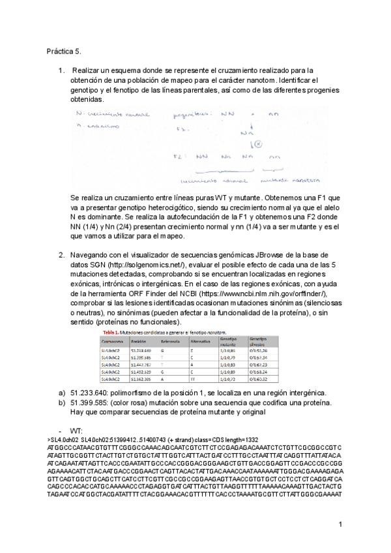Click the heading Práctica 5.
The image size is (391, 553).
point(63,50)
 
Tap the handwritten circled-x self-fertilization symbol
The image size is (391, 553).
point(258,143)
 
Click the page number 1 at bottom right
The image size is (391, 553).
point(340,524)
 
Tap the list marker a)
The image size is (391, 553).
point(62,392)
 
